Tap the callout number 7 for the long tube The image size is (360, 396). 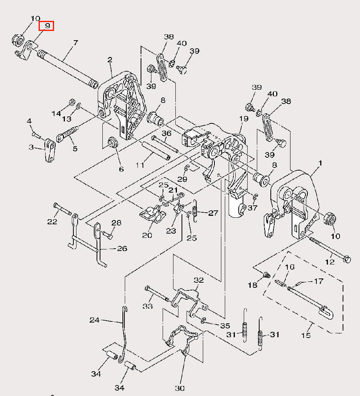(x=75, y=43)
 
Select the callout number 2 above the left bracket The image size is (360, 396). (x=110, y=60)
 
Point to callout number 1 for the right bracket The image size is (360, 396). (x=320, y=164)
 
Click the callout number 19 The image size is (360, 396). (x=244, y=118)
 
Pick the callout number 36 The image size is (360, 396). (x=166, y=133)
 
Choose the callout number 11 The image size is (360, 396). (x=140, y=165)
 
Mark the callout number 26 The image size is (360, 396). (x=122, y=249)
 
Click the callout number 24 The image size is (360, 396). (x=95, y=320)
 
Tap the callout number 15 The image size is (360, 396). (x=306, y=335)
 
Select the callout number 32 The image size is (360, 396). (x=199, y=280)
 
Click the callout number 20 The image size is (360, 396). (x=147, y=235)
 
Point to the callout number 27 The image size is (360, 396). (x=213, y=213)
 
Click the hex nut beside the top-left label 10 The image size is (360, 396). (x=18, y=40)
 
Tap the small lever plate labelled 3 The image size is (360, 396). (x=50, y=150)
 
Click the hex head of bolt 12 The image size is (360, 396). (x=347, y=259)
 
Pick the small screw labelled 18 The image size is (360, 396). (x=267, y=275)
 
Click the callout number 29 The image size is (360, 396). (x=182, y=179)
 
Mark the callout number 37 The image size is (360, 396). (x=252, y=208)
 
